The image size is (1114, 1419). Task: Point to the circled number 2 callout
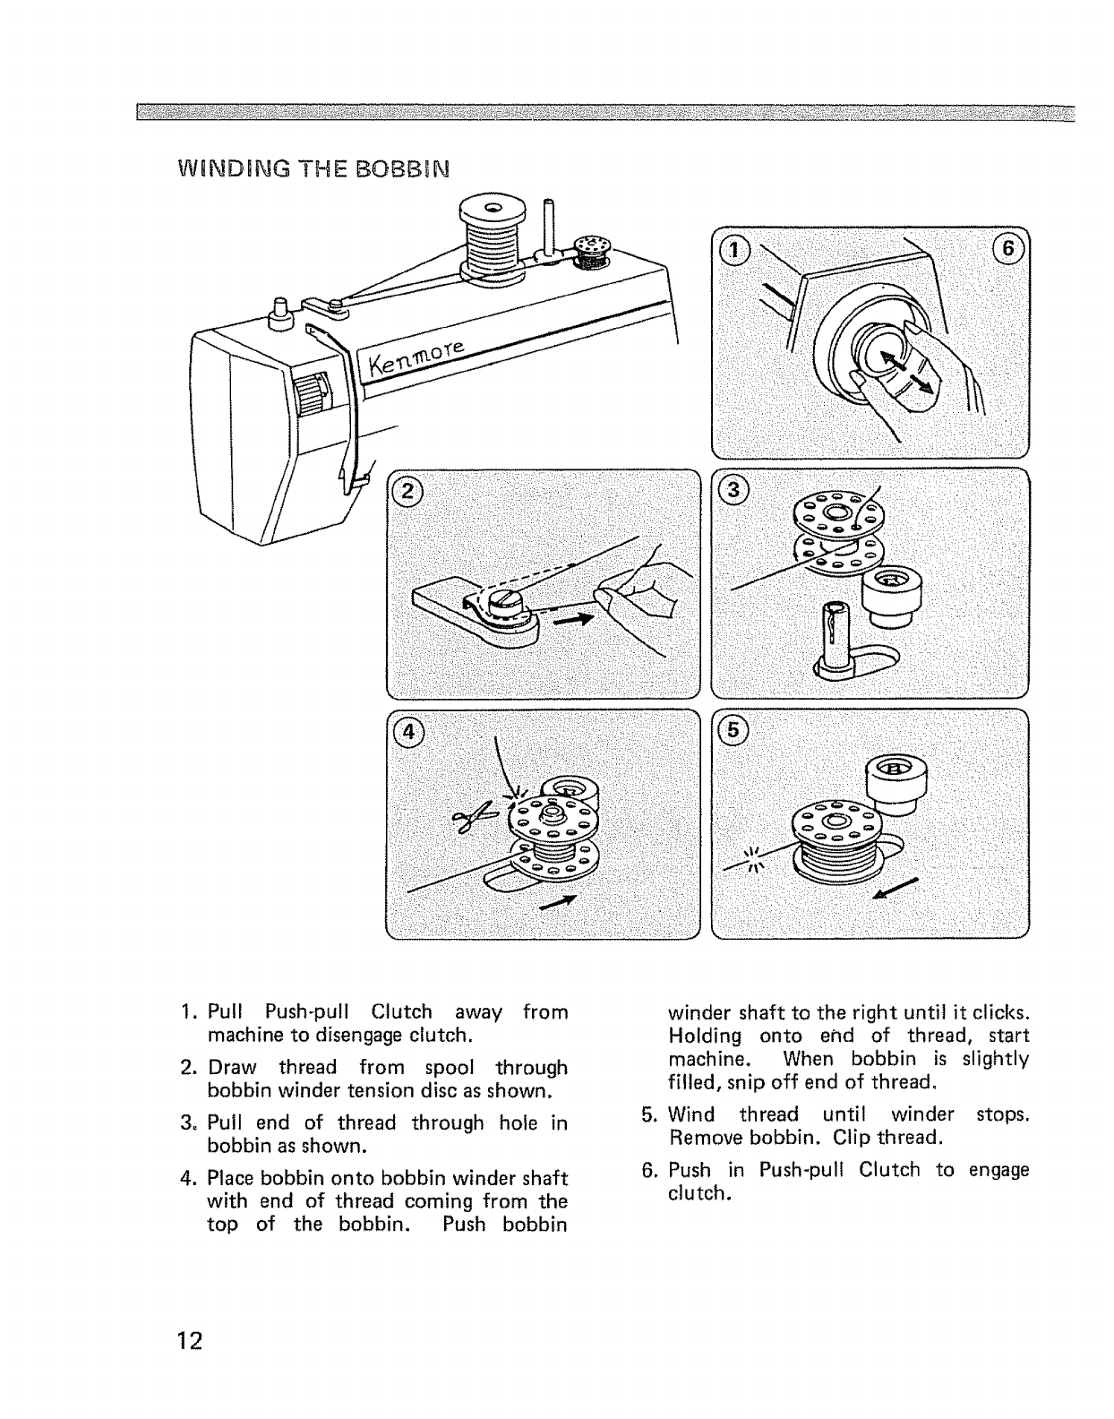click(408, 491)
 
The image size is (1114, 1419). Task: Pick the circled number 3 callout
click(733, 489)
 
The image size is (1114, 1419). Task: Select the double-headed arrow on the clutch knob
click(907, 372)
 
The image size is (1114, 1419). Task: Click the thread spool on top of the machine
click(490, 240)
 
